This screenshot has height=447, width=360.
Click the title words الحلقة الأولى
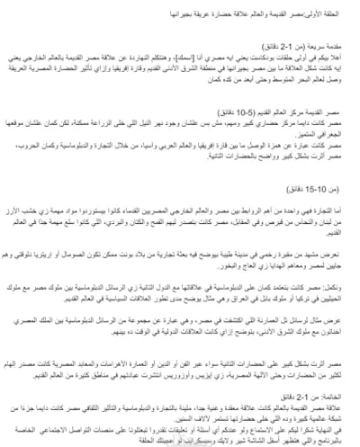click(337, 16)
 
